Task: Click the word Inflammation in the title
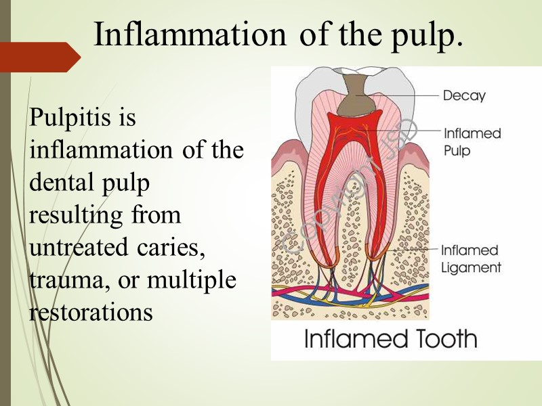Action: coord(189,35)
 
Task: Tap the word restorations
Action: coord(91,312)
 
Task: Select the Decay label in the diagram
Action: coord(464,96)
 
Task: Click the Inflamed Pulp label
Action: coord(472,141)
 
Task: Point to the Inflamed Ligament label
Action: coord(472,258)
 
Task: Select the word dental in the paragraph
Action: coord(58,183)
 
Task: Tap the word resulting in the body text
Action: coord(76,215)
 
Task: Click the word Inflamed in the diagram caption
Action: coord(348,338)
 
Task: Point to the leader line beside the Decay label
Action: coord(406,95)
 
